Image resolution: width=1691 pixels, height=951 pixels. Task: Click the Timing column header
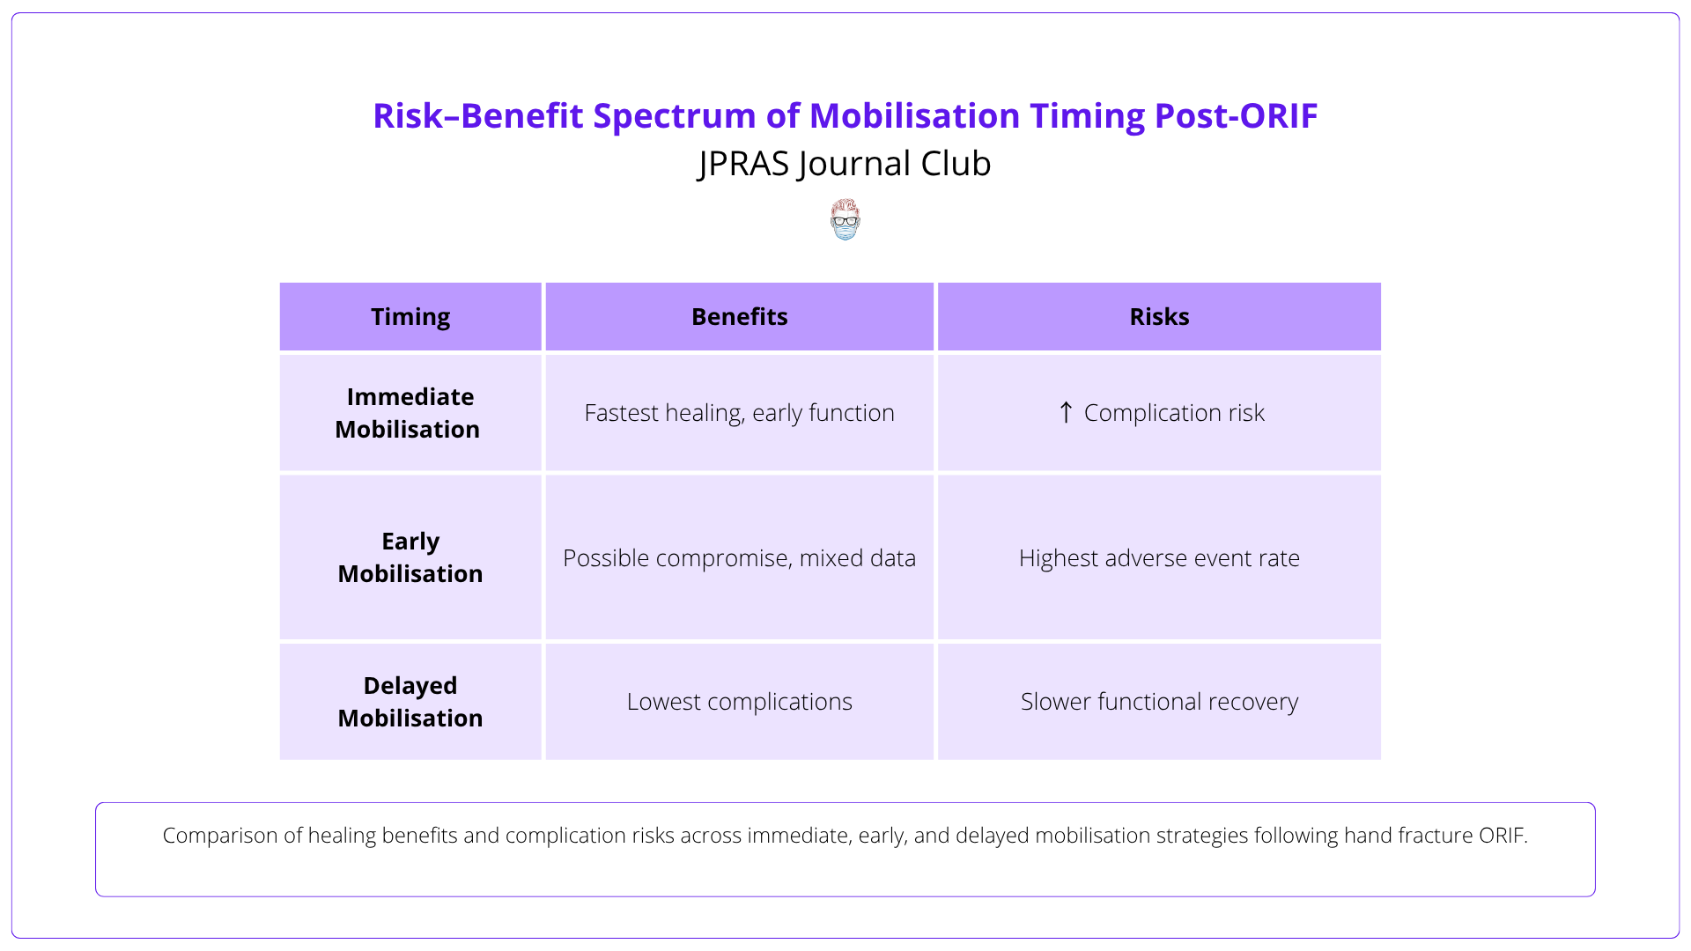(410, 317)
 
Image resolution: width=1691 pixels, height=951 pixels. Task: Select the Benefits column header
(739, 317)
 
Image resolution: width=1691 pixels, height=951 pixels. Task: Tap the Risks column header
(1159, 317)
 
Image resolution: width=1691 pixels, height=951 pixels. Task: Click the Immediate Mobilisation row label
(409, 413)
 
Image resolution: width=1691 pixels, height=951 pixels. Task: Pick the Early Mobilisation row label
(410, 557)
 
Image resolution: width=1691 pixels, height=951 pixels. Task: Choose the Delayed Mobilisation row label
(410, 702)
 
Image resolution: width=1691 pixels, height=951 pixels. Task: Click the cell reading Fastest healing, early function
(739, 413)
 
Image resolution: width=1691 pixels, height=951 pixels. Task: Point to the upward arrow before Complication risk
(1066, 412)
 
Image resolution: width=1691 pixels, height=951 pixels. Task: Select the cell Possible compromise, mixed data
(739, 558)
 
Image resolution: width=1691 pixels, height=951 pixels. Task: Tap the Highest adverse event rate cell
(1159, 558)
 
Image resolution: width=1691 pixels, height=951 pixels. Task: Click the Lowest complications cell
(739, 702)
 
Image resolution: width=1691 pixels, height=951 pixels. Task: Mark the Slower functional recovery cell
(1159, 702)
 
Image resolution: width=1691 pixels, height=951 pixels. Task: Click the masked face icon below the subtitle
(845, 220)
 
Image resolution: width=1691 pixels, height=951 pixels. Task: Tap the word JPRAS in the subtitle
(745, 165)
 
